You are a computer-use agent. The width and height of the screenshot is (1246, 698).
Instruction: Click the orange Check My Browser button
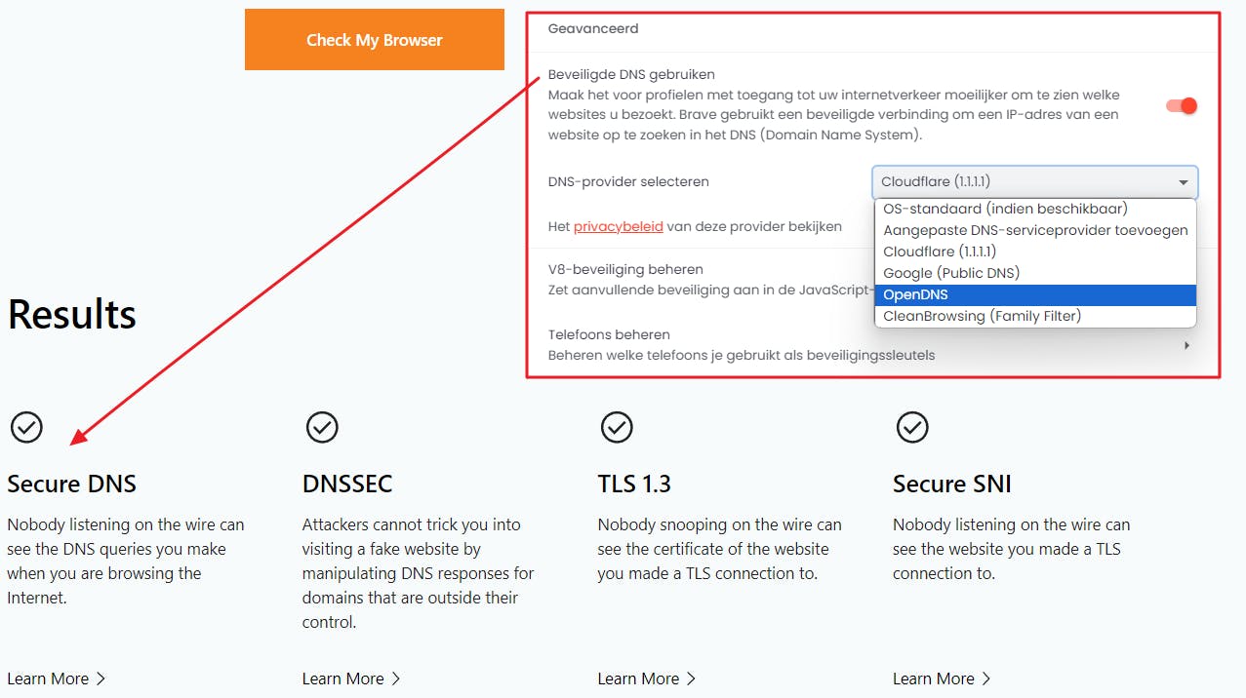pyautogui.click(x=375, y=39)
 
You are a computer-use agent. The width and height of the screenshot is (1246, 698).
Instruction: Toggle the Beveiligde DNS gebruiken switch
pyautogui.click(x=1182, y=105)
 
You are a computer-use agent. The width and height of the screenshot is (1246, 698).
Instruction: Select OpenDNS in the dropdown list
pyautogui.click(x=1035, y=294)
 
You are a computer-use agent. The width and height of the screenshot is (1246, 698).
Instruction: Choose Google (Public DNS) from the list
pyautogui.click(x=951, y=273)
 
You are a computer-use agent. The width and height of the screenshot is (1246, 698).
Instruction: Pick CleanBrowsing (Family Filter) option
pyautogui.click(x=982, y=316)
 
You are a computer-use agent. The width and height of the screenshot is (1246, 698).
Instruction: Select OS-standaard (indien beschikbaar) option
pyautogui.click(x=1005, y=209)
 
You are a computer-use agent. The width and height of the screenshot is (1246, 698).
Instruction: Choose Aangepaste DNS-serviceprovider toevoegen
pyautogui.click(x=1035, y=230)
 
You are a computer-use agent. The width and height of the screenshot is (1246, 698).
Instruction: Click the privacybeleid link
pyautogui.click(x=618, y=227)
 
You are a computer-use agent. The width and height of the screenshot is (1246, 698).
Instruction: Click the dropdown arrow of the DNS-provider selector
pyautogui.click(x=1184, y=182)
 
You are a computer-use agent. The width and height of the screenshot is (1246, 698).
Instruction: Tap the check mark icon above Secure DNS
pyautogui.click(x=26, y=427)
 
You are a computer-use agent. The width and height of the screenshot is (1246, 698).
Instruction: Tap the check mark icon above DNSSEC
pyautogui.click(x=322, y=427)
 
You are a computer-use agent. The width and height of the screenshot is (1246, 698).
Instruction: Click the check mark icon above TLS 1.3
pyautogui.click(x=617, y=427)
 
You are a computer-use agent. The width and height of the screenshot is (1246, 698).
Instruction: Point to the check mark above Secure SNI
pyautogui.click(x=911, y=427)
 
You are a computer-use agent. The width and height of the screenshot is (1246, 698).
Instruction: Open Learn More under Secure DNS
pyautogui.click(x=56, y=679)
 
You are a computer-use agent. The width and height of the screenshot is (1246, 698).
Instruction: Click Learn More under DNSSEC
pyautogui.click(x=351, y=679)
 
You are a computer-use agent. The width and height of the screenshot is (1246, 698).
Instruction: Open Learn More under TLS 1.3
pyautogui.click(x=646, y=679)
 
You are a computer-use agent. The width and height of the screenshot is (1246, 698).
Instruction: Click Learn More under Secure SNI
pyautogui.click(x=942, y=679)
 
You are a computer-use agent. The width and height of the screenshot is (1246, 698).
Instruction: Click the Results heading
pyautogui.click(x=72, y=315)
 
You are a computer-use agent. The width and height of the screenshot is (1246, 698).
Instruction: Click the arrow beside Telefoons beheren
pyautogui.click(x=1186, y=346)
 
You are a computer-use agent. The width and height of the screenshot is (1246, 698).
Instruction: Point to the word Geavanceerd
pyautogui.click(x=593, y=28)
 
